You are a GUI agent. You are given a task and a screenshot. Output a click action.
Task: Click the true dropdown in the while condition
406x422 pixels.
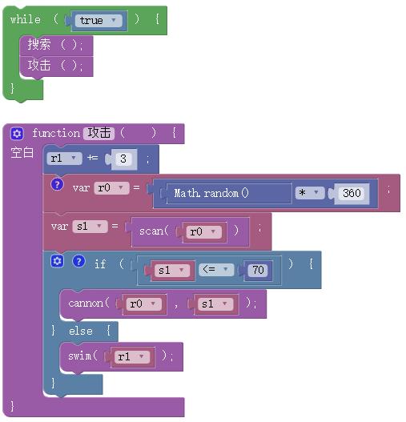pyautogui.click(x=98, y=21)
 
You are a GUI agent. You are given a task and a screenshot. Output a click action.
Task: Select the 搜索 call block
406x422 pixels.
pyautogui.click(x=57, y=45)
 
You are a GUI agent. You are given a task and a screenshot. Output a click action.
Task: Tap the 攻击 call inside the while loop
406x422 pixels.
pyautogui.click(x=57, y=66)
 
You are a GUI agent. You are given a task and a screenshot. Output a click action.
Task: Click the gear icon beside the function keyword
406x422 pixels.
pyautogui.click(x=18, y=134)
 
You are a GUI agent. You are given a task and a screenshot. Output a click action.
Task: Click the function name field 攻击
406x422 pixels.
pyautogui.click(x=98, y=133)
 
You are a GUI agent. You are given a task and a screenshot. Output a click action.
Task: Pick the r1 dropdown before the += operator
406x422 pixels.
pyautogui.click(x=64, y=159)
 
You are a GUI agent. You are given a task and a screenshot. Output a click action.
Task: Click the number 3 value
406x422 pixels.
pyautogui.click(x=123, y=159)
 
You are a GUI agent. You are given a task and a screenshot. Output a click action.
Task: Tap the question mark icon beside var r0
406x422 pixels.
pyautogui.click(x=57, y=185)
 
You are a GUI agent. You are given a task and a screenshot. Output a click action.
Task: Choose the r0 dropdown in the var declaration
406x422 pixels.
pyautogui.click(x=112, y=188)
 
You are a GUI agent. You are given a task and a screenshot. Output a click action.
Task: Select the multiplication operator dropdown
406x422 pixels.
pyautogui.click(x=310, y=193)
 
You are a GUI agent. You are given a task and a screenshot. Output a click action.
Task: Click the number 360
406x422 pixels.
pyautogui.click(x=352, y=193)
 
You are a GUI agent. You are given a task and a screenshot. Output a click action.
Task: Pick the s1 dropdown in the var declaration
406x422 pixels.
pyautogui.click(x=90, y=227)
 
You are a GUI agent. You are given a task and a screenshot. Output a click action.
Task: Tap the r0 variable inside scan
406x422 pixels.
pyautogui.click(x=204, y=231)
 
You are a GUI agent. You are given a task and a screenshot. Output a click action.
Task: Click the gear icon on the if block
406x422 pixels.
pyautogui.click(x=57, y=261)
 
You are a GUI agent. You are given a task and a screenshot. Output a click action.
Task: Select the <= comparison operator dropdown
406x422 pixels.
pyautogui.click(x=216, y=269)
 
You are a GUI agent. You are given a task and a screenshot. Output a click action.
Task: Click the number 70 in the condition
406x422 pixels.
pyautogui.click(x=258, y=270)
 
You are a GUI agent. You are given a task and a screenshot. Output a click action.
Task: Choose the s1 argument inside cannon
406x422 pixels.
pyautogui.click(x=215, y=304)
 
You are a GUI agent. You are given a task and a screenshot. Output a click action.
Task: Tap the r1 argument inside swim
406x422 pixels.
pyautogui.click(x=132, y=357)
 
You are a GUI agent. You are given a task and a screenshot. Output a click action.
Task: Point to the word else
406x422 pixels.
pyautogui.click(x=81, y=331)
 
